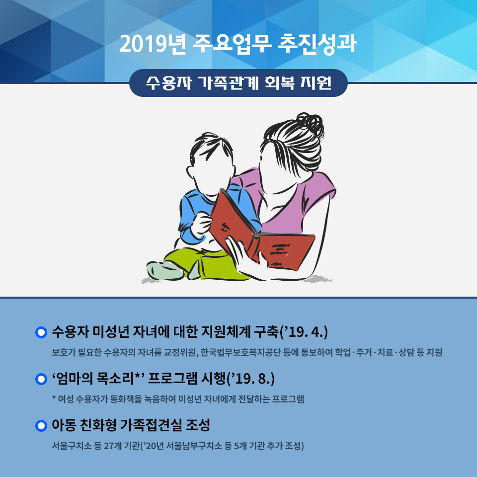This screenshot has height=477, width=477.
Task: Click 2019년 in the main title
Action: [153, 44]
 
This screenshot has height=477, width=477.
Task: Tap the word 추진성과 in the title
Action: [318, 44]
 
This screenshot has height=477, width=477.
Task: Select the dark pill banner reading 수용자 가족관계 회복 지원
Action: [238, 83]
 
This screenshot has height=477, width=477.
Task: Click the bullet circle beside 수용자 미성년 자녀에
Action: [41, 332]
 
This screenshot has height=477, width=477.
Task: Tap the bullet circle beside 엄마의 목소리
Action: [41, 379]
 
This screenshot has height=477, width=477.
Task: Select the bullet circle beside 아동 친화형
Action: [41, 426]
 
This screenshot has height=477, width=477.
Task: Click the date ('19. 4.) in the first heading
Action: [304, 332]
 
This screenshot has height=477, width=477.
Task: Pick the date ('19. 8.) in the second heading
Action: [250, 379]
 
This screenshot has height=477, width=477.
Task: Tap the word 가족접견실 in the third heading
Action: [152, 425]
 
